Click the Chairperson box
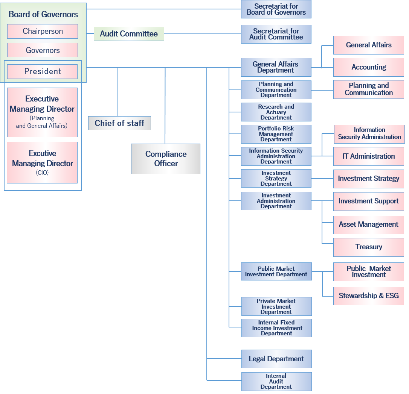coord(43,31)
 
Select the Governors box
coord(43,50)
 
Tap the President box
coord(43,71)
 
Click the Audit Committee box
coord(129,34)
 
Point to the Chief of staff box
coord(119,123)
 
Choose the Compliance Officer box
coord(166,159)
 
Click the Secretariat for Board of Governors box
coord(276,9)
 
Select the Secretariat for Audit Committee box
coord(276,34)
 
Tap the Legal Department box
coord(276,359)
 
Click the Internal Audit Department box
coord(276,381)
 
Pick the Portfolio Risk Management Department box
coord(276,134)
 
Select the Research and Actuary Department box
coord(276,112)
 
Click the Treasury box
coord(369,247)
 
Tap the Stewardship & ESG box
coord(369,295)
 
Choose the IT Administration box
coord(369,156)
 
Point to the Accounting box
coord(369,67)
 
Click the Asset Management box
coord(369,224)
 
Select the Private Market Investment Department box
coord(276,306)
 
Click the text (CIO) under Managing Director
coord(42,173)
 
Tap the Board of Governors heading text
coord(43,14)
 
